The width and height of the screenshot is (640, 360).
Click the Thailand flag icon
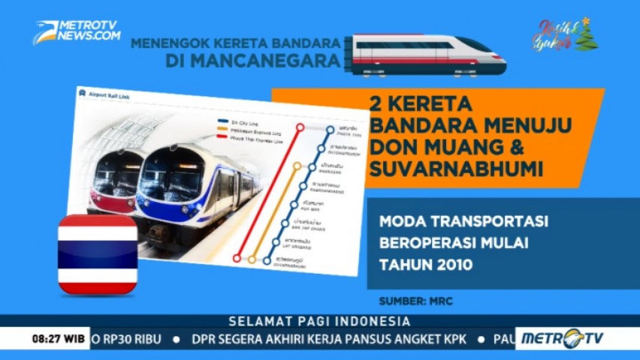(98, 254)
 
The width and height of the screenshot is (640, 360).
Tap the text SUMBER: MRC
(415, 301)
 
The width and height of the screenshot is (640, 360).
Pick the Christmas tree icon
(585, 35)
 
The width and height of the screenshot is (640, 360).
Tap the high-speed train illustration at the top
(427, 53)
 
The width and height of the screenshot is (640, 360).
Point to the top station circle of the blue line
(329, 130)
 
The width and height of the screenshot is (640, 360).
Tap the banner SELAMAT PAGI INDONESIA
(320, 321)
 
